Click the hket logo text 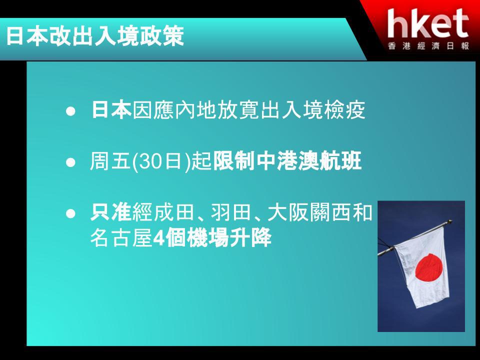[x=428, y=23]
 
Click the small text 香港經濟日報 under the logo [x=428, y=46]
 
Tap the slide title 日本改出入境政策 [x=95, y=36]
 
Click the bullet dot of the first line [x=70, y=111]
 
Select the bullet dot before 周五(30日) [x=70, y=162]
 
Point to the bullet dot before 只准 [x=70, y=213]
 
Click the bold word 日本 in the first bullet [x=111, y=109]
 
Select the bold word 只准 [x=111, y=212]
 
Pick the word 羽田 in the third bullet [x=231, y=212]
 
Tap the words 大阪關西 [x=309, y=212]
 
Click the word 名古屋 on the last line [x=121, y=237]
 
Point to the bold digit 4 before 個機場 [x=159, y=238]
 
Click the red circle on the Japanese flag [x=429, y=267]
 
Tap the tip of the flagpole [x=450, y=221]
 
